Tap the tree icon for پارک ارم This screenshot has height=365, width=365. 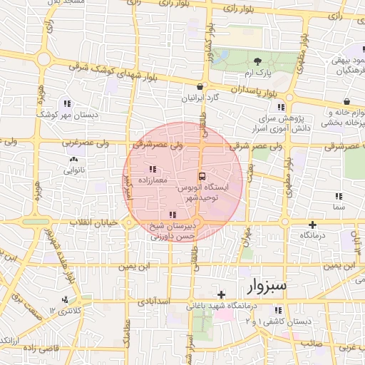[257, 61]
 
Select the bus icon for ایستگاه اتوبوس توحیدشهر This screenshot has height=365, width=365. [202, 175]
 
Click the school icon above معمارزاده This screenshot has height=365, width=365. [153, 170]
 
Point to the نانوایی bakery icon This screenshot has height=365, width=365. [74, 160]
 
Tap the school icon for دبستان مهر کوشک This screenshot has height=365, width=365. [68, 103]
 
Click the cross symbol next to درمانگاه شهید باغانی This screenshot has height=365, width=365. [222, 294]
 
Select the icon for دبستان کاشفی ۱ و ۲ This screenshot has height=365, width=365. [278, 310]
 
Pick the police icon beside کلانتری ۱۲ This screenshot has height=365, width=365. [66, 299]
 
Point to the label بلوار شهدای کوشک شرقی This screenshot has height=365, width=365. [125, 72]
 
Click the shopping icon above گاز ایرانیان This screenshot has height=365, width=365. [200, 86]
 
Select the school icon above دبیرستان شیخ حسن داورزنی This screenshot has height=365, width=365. [172, 215]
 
